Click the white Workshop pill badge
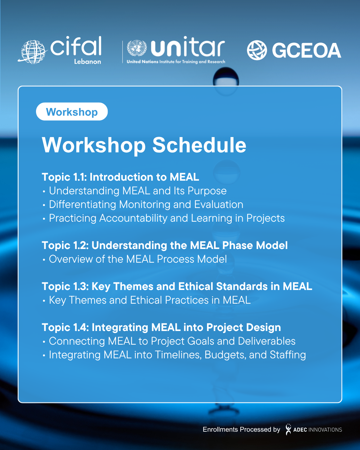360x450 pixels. (x=72, y=111)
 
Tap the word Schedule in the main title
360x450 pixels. (x=199, y=145)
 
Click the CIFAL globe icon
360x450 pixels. (x=33, y=52)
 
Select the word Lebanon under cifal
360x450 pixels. (x=87, y=61)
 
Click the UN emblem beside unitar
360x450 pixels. (x=137, y=48)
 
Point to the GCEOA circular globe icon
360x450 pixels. (x=257, y=50)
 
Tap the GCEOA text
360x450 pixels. (x=307, y=50)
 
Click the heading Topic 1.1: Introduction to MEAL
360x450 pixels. (x=120, y=177)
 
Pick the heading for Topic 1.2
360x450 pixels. (x=165, y=245)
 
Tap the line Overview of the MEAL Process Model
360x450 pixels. (x=138, y=259)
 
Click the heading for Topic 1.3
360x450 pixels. (x=177, y=286)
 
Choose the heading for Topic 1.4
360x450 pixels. (x=161, y=327)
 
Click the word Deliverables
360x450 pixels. (x=267, y=341)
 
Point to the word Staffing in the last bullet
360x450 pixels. (x=288, y=355)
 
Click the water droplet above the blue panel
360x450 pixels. (x=226, y=77)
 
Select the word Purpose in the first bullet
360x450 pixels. (x=207, y=191)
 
